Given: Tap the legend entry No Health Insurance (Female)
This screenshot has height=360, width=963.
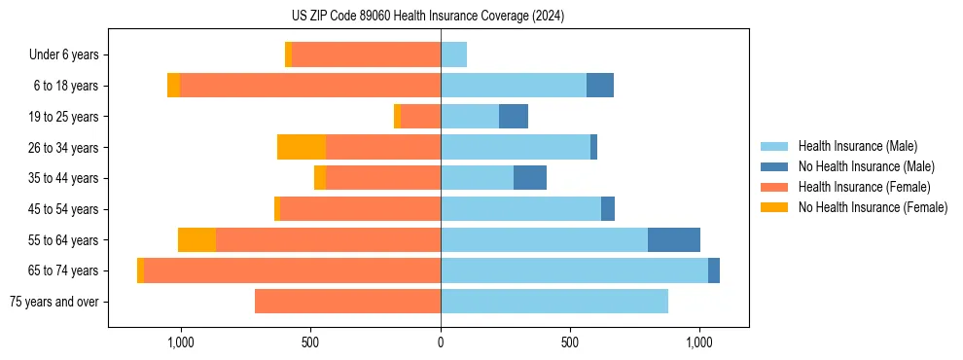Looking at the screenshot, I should (x=873, y=207).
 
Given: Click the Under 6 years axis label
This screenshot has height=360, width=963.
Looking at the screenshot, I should (x=63, y=54).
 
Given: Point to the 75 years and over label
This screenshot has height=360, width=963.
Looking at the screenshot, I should (x=53, y=302).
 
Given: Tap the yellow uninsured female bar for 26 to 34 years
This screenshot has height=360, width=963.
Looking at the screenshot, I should (x=302, y=147).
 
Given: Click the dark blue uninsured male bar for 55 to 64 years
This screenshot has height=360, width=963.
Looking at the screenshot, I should (x=674, y=239).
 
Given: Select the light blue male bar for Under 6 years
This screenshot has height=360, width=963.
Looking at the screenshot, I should (x=454, y=54).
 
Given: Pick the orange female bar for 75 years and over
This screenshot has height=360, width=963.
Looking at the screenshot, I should (x=348, y=302).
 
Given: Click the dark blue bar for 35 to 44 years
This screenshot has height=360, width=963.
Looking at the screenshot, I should (x=530, y=178).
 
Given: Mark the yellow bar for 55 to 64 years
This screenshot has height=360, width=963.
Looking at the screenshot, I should (x=196, y=239).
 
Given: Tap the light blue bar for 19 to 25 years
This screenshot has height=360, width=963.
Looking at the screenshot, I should (x=470, y=117).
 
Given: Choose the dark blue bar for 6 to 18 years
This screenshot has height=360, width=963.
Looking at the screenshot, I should (x=600, y=86).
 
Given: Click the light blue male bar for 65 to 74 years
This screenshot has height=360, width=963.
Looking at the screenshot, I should (x=574, y=270).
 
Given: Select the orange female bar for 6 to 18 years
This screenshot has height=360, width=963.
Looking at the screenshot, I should (x=310, y=86).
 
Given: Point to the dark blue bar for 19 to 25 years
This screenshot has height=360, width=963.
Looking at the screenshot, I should (x=514, y=117).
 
